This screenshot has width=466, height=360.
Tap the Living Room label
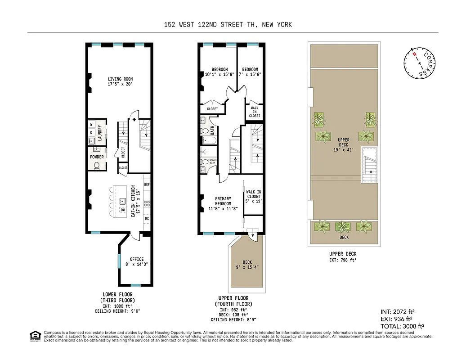click(x=120, y=81)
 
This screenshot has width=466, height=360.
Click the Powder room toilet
click(x=97, y=166)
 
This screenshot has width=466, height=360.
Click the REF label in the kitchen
click(x=147, y=185)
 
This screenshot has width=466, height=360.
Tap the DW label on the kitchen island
click(x=122, y=210)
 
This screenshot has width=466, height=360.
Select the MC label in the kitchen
click(x=147, y=219)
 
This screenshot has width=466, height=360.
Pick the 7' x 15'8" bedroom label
click(x=250, y=72)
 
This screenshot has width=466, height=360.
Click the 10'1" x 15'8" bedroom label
click(x=220, y=72)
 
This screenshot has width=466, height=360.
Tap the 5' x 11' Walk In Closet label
click(x=254, y=196)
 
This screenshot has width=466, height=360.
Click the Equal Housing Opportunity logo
click(x=34, y=335)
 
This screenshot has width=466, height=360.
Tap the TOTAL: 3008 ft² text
click(x=403, y=326)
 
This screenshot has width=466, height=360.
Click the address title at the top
click(x=228, y=25)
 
